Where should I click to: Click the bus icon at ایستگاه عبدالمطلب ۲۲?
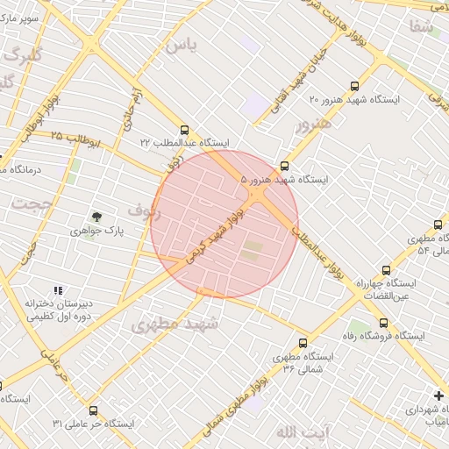click(183, 129)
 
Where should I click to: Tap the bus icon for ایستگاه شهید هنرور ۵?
click(284, 166)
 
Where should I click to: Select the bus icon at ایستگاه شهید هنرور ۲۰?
click(354, 86)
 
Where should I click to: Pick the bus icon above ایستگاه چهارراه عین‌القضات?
click(386, 270)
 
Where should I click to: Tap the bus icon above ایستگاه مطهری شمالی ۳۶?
click(303, 343)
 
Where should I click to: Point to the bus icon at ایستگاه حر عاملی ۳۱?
click(93, 410)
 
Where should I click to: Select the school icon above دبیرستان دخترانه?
click(58, 290)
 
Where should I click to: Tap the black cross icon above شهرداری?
click(438, 396)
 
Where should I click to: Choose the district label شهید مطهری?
click(167, 324)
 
